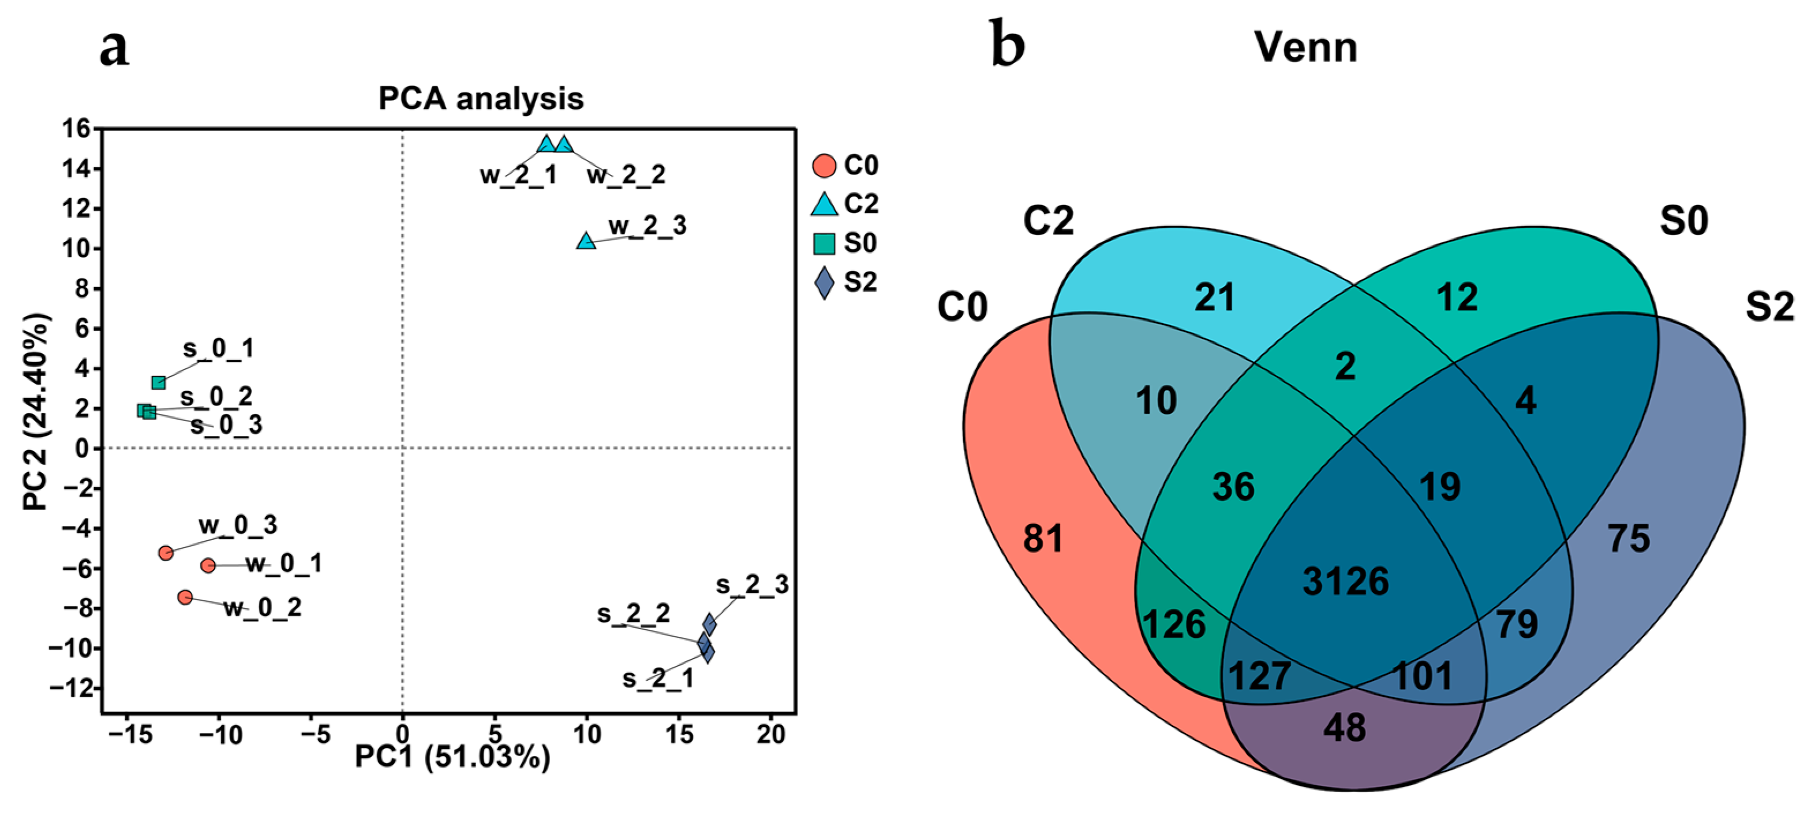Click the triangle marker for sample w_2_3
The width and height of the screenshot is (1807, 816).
pos(586,241)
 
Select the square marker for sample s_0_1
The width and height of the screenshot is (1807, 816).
pos(159,382)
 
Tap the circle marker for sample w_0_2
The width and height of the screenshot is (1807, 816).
pos(185,597)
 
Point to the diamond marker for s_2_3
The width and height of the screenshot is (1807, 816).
pos(710,623)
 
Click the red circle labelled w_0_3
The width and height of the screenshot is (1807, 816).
pos(166,553)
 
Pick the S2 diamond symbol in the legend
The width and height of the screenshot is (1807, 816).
pos(824,283)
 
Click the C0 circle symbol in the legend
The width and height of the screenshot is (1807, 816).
pos(824,166)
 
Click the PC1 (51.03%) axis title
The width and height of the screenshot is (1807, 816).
pos(452,757)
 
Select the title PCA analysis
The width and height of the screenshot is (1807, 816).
pos(481,99)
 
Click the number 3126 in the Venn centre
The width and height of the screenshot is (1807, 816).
pos(1345,582)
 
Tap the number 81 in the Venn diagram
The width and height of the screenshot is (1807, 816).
pos(1043,538)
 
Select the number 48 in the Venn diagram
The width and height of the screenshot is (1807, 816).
pos(1345,728)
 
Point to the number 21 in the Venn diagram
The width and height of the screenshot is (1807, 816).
pos(1215,297)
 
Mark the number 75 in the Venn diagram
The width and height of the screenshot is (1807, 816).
pos(1629,538)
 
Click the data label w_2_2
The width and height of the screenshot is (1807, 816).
pos(626,175)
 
